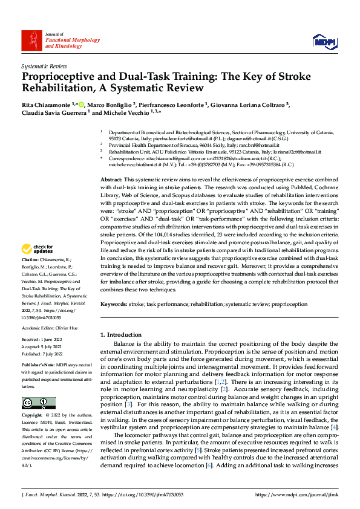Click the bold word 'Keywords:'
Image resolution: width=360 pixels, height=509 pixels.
coord(114,304)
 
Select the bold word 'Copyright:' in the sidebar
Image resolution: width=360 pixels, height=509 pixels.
coord(33,398)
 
